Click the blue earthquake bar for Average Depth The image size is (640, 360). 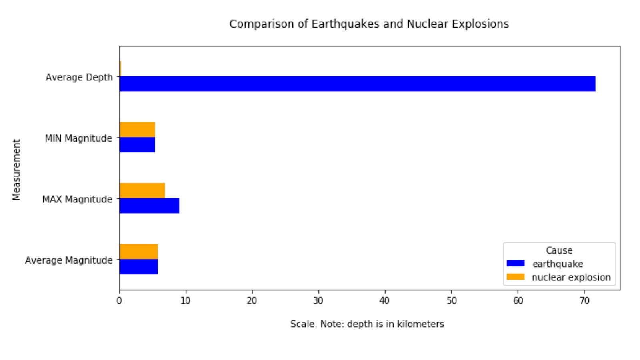357,84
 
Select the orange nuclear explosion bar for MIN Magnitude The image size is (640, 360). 137,130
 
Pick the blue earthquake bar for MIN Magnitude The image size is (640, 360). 137,145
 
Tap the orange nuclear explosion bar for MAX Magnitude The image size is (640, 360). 142,190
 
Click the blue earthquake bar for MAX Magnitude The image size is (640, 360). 149,206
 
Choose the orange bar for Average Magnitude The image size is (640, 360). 138,252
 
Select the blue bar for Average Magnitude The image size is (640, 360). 138,267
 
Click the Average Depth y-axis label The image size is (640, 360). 79,77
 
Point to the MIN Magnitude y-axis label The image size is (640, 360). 78,138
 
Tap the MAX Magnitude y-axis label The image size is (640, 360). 77,199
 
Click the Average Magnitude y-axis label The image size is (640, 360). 69,260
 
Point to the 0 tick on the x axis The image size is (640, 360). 119,301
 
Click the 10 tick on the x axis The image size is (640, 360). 186,301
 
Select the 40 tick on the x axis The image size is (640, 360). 385,301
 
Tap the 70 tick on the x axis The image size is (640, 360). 584,301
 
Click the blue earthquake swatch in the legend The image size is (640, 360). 515,263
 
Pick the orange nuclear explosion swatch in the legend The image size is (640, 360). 515,277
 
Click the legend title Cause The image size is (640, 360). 559,250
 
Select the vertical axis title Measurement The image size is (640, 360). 16,169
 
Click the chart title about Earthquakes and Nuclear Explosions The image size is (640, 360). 369,24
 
